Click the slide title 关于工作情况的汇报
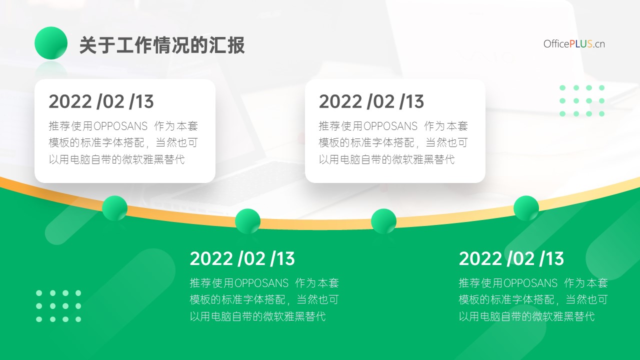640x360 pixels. click(x=162, y=45)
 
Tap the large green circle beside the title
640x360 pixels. click(x=51, y=43)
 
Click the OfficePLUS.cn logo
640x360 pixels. click(x=574, y=44)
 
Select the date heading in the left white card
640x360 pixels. click(x=101, y=101)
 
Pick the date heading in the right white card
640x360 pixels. click(x=371, y=101)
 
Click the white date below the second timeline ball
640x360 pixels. click(x=242, y=258)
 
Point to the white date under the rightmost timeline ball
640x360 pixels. click(x=511, y=258)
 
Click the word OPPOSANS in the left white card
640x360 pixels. click(x=120, y=126)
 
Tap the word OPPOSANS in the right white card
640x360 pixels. click(x=390, y=126)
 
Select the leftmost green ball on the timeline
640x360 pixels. click(x=115, y=208)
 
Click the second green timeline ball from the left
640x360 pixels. click(x=247, y=221)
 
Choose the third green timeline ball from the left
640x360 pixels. click(x=383, y=221)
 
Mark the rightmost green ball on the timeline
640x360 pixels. click(x=526, y=208)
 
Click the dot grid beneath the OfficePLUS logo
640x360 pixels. click(x=582, y=101)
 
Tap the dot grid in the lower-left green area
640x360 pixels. click(x=58, y=306)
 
